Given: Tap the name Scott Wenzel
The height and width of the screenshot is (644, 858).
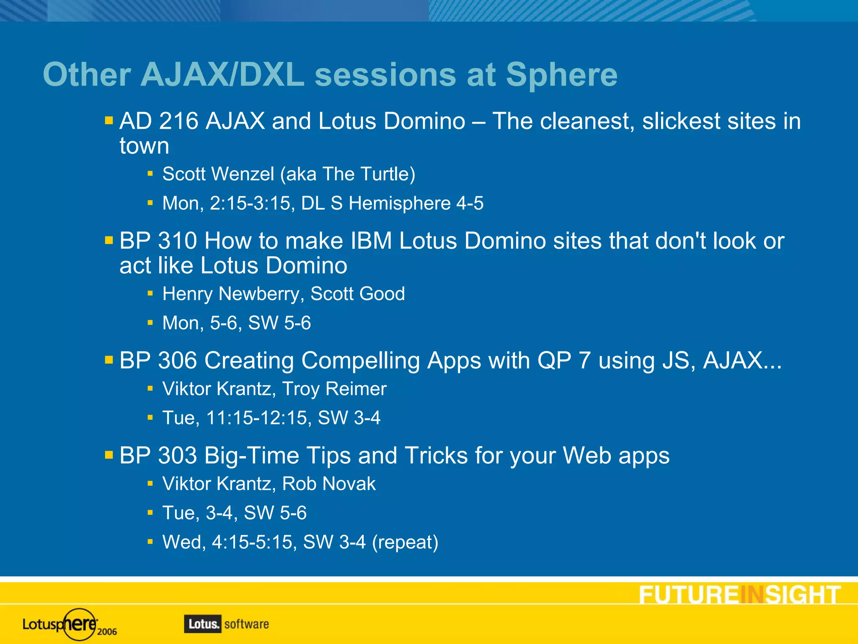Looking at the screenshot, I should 218,174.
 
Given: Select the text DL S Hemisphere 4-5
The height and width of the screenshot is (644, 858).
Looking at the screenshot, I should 392,203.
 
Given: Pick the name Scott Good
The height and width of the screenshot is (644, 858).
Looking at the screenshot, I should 357,294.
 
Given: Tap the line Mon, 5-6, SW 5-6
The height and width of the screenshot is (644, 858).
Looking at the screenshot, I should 236,323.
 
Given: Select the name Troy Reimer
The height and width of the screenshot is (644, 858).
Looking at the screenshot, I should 334,389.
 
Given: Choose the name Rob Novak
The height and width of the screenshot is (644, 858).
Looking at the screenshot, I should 328,484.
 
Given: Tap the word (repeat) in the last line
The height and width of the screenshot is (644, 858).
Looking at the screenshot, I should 405,542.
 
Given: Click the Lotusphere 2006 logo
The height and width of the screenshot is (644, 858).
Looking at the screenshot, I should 70,625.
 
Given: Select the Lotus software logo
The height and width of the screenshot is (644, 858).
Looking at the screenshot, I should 226,624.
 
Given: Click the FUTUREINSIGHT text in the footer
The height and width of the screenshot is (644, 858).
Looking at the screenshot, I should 739,595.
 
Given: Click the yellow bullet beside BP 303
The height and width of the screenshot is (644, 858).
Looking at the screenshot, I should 109,455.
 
